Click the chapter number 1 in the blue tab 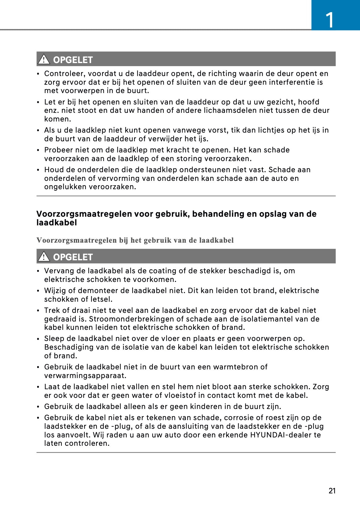pos(330,20)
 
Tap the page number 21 pos(332,491)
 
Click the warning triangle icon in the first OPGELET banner pos(44,59)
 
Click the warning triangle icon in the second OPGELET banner pos(44,256)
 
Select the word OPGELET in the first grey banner pos(73,60)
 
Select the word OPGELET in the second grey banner pos(73,257)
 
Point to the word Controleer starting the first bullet pos(61,74)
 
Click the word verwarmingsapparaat pos(85,376)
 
